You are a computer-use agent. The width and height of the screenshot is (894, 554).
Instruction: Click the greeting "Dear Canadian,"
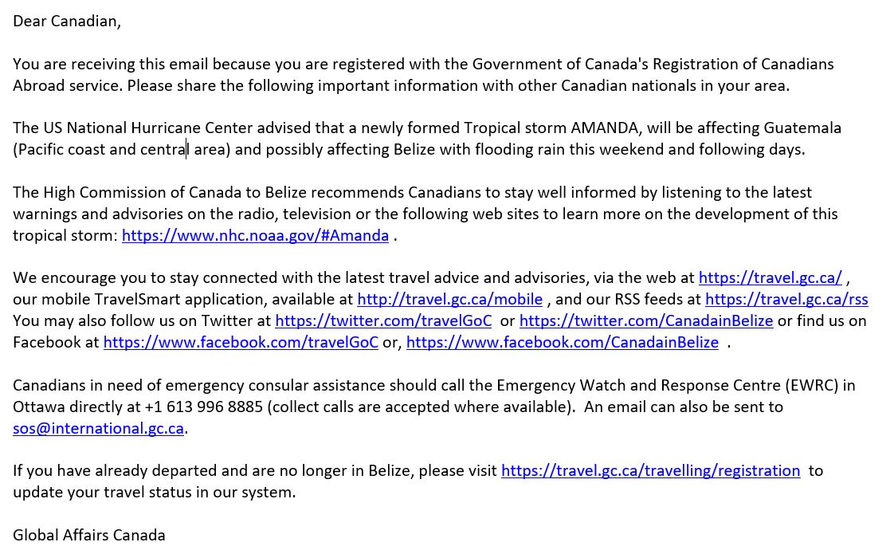pos(67,22)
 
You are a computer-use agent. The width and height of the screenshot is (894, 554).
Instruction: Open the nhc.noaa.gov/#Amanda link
pos(255,235)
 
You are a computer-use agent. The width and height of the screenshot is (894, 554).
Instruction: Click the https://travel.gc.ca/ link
pos(770,277)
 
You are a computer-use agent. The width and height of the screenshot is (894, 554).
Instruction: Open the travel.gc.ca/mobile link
pos(449,299)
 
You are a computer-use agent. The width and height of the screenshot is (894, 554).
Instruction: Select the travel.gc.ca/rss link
pos(786,299)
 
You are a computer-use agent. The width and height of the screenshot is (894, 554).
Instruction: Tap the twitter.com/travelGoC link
pos(383,320)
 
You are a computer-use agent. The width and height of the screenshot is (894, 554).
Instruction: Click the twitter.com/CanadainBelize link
pos(645,320)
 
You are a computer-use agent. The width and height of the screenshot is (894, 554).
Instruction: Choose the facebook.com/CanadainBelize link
pos(562,342)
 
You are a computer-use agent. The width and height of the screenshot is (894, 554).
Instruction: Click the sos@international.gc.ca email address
pos(98,428)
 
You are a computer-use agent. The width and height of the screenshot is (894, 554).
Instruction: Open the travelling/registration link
pos(650,470)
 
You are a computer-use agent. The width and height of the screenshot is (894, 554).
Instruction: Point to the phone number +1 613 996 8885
pos(204,407)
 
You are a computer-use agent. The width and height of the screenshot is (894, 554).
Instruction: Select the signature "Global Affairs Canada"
pos(89,535)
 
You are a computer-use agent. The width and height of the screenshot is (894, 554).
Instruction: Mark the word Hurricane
pos(201,128)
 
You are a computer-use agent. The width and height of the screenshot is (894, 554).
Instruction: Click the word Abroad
pos(39,85)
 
